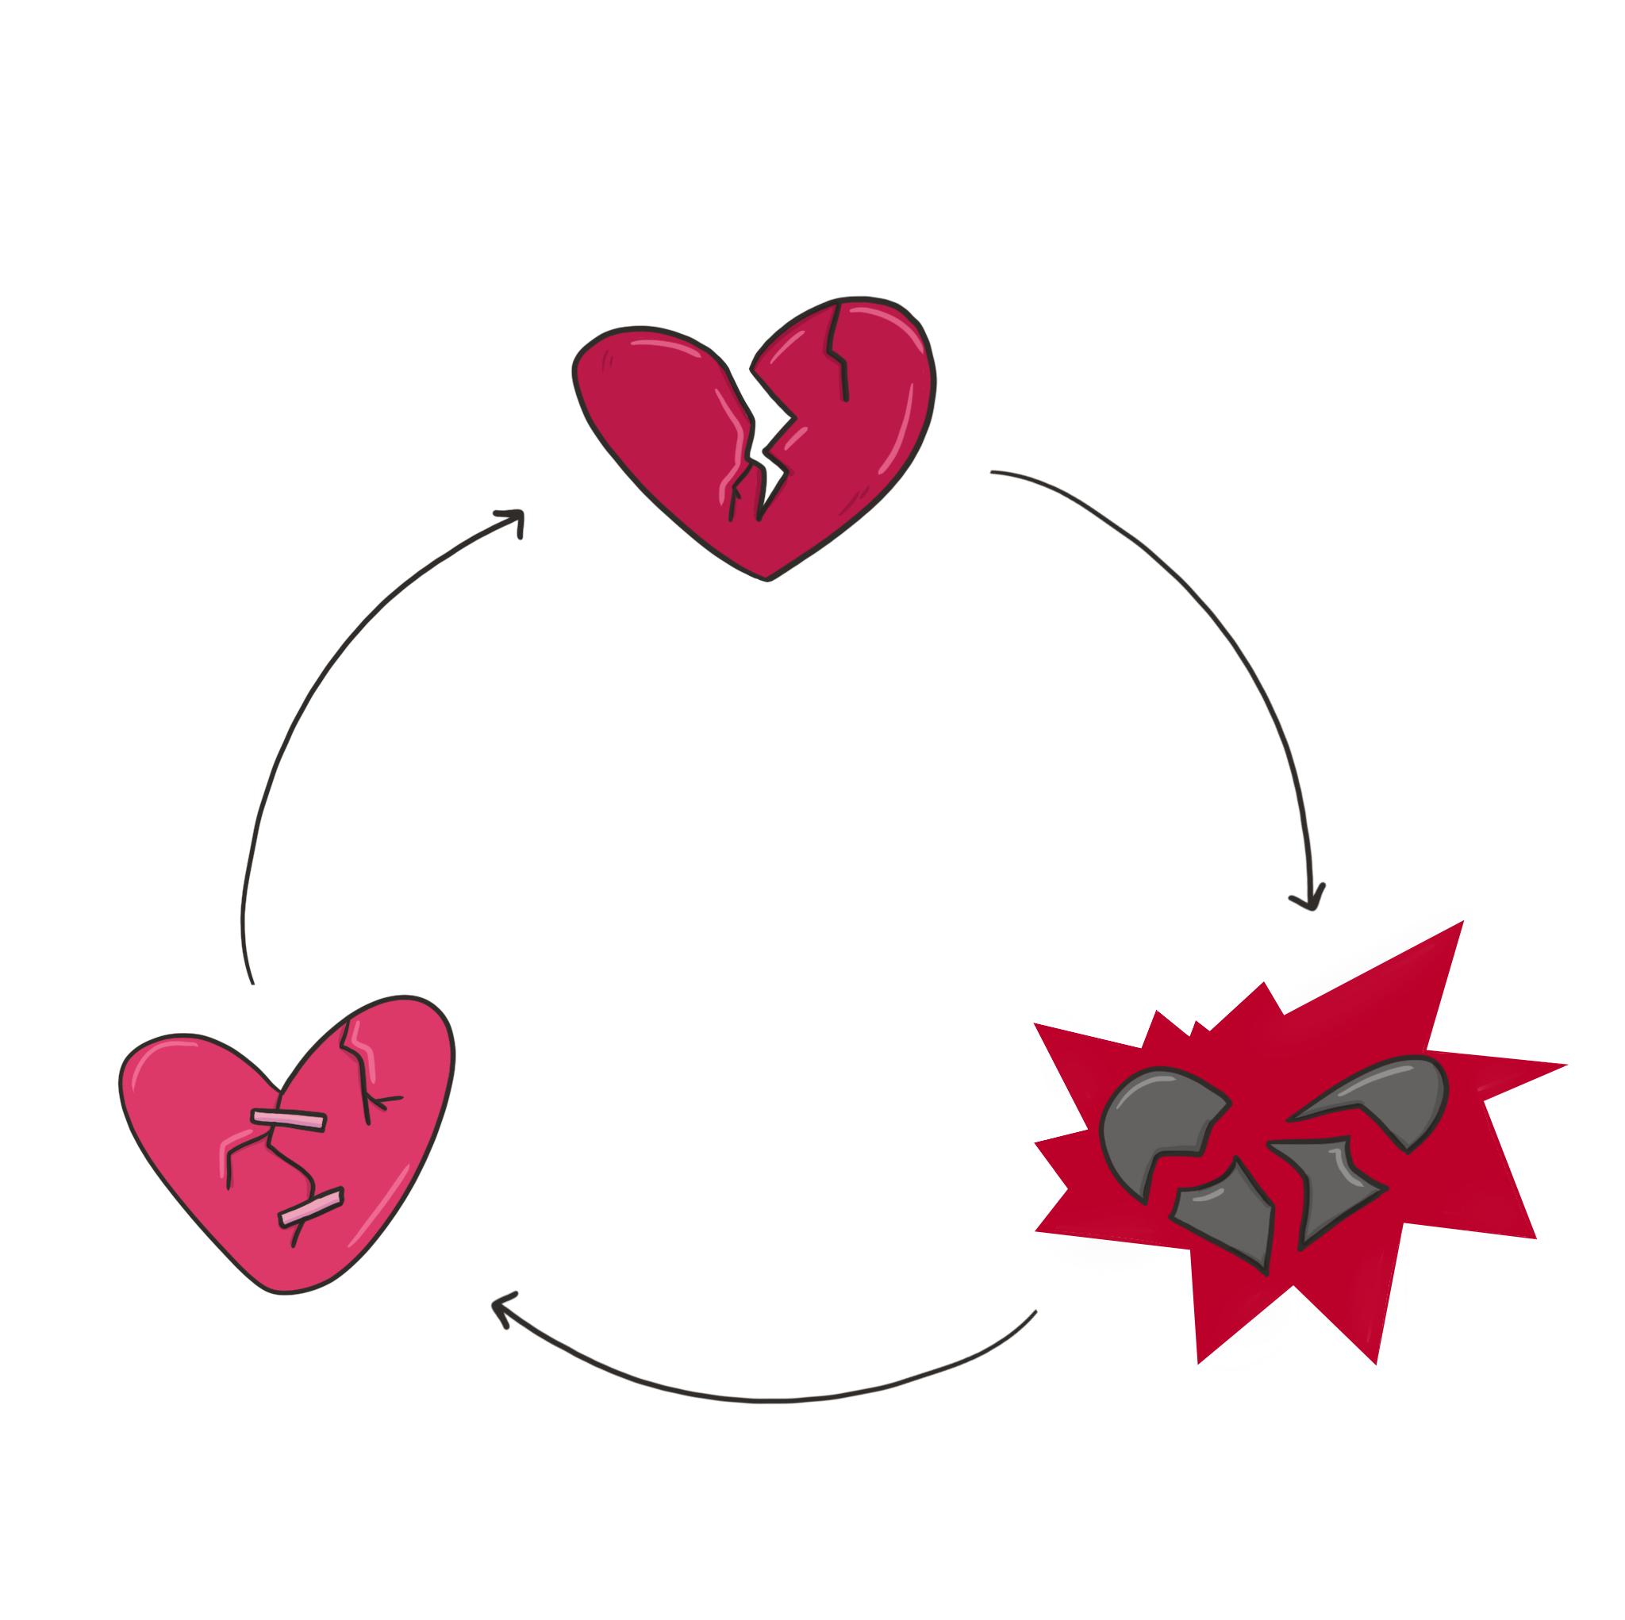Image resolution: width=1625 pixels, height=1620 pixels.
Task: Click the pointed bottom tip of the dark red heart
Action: [766, 577]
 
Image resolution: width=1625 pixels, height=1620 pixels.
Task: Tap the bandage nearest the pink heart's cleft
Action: [288, 1119]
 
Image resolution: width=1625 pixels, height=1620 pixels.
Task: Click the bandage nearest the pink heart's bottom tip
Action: [312, 1207]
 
